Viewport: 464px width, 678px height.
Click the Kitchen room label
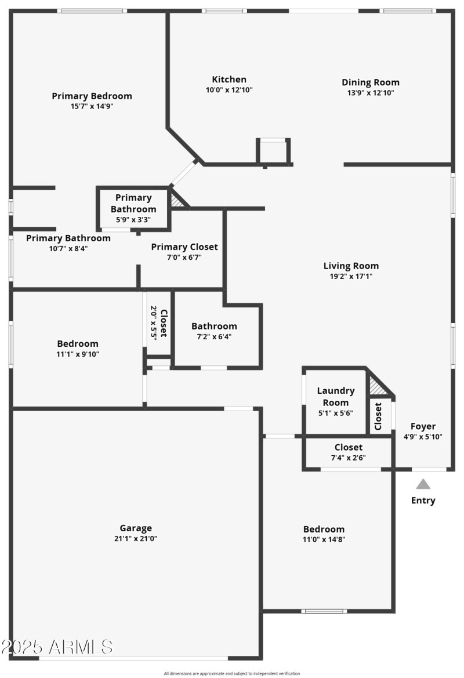(229, 79)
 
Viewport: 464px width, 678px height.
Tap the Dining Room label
(370, 82)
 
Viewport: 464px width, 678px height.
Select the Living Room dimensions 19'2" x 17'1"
(351, 277)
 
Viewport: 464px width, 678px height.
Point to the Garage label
(136, 528)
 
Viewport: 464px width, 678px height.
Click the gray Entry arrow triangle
(423, 484)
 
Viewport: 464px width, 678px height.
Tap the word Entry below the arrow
(423, 501)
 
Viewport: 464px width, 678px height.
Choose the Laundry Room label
(336, 397)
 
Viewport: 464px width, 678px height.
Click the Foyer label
(423, 426)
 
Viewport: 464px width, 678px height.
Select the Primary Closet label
(184, 247)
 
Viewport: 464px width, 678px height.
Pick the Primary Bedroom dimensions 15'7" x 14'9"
(92, 107)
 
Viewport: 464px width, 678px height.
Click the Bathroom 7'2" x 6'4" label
(214, 326)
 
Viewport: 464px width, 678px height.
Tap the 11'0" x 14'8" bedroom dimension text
(324, 539)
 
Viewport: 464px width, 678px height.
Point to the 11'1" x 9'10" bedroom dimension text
(77, 354)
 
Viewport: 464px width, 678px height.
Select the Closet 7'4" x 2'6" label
(348, 447)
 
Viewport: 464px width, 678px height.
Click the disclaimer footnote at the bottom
(232, 673)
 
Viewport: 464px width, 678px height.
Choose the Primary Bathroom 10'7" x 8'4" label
(68, 238)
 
